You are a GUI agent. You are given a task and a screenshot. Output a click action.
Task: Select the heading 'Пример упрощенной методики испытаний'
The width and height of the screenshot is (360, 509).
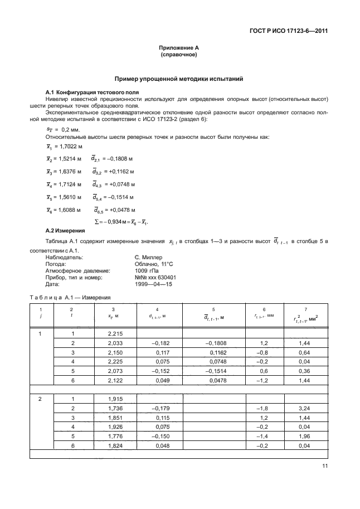[x=178, y=80]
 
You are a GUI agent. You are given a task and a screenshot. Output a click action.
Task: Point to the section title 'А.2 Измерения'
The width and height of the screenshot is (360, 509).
[x=65, y=230]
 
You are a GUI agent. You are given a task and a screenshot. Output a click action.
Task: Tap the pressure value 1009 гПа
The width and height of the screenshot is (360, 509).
[x=147, y=270]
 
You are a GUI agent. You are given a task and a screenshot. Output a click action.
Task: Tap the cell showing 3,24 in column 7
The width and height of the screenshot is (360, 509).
[x=304, y=409]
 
